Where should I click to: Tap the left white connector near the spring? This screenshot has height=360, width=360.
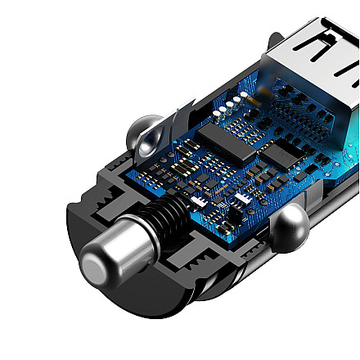pyautogui.click(x=199, y=201)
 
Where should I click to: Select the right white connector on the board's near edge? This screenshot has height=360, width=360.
pyautogui.click(x=243, y=202)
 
